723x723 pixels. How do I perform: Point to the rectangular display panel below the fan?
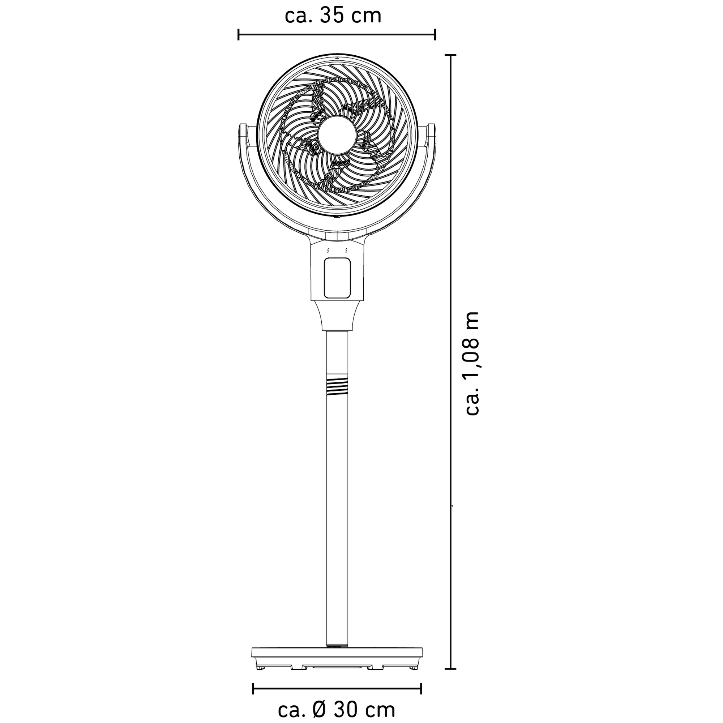337,278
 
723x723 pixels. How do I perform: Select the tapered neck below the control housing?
337,316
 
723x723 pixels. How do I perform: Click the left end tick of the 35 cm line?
238,34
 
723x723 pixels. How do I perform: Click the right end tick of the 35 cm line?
435,34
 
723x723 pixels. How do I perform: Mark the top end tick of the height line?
450,55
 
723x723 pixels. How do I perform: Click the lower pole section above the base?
337,524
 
